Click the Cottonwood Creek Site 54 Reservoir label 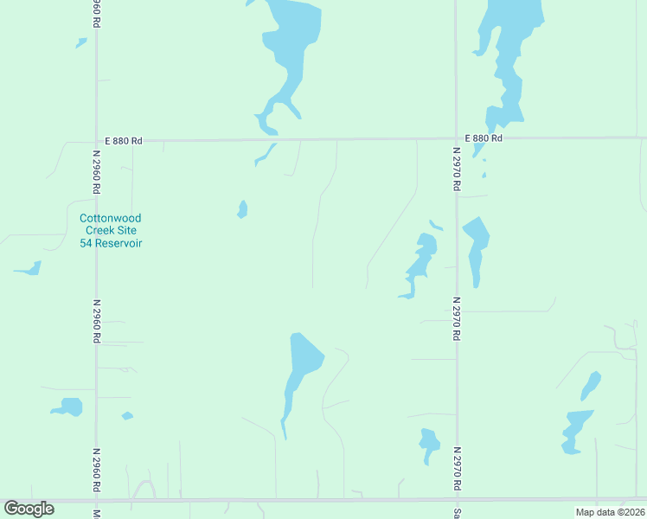click(111, 231)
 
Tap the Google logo click(29, 509)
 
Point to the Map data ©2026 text click(611, 512)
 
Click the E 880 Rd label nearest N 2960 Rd click(123, 140)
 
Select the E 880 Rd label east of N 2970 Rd click(483, 138)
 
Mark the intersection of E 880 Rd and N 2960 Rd click(96, 139)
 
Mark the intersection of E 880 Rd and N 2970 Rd click(456, 138)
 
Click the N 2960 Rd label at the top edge click(96, 12)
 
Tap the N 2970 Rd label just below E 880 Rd click(456, 168)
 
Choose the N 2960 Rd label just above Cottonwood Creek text click(96, 172)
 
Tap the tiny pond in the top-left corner click(81, 42)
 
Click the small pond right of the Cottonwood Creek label click(243, 209)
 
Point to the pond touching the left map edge click(29, 269)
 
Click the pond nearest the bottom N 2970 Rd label click(429, 443)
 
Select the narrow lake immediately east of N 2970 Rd click(476, 246)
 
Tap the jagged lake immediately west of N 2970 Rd click(421, 262)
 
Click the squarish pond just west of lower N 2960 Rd click(69, 407)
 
